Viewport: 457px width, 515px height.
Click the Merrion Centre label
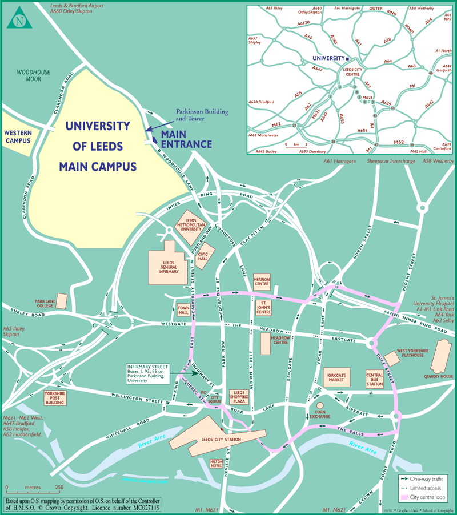pyautogui.click(x=261, y=281)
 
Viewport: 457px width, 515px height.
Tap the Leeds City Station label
pyautogui.click(x=222, y=440)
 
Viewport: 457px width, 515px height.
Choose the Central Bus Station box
pyautogui.click(x=374, y=379)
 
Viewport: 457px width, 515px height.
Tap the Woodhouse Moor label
pyautogui.click(x=33, y=76)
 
